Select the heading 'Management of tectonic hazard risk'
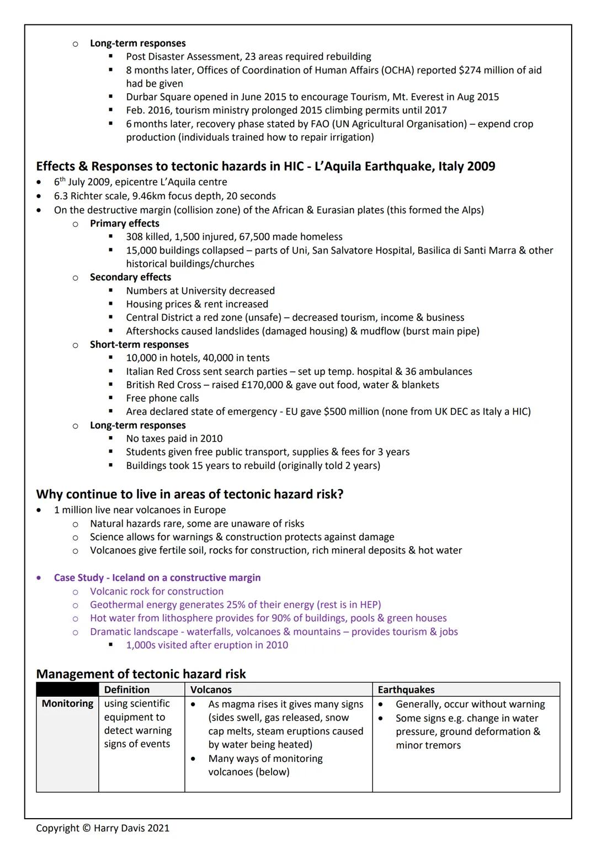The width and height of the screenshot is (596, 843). point(141,674)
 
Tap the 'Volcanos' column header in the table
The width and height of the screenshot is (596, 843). point(211,690)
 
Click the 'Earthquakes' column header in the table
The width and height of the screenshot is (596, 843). point(406,690)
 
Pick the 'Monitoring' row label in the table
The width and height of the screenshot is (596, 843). point(67,703)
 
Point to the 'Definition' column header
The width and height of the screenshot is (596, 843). point(127,690)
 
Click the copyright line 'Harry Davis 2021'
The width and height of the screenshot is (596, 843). point(103,828)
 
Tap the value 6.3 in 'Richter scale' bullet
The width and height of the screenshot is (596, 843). point(61,196)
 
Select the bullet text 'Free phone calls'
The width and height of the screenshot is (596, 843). point(162,398)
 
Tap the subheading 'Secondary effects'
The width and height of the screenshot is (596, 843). point(130,277)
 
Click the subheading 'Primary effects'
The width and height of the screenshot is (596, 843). point(125,223)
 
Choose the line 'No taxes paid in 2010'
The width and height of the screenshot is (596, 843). point(174,438)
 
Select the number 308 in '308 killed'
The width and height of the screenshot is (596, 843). point(135,237)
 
